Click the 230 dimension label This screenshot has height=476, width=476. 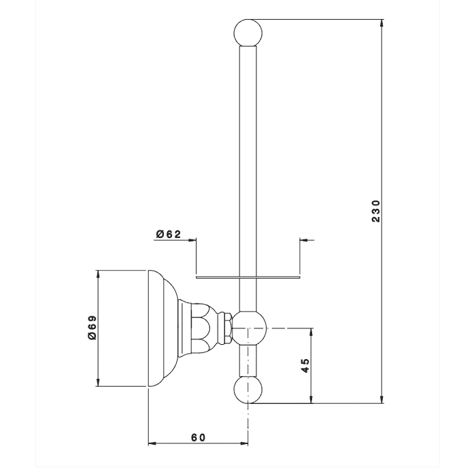click(376, 211)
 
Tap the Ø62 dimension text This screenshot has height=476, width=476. click(169, 234)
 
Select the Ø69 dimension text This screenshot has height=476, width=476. click(92, 328)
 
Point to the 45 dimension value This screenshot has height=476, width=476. click(305, 366)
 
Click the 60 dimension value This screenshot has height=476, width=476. click(199, 437)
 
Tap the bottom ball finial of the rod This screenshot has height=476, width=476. click(248, 390)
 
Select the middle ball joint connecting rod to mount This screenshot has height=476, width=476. click(249, 328)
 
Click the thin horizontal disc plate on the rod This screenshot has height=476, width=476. click(248, 277)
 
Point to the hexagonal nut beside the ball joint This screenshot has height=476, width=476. click(226, 328)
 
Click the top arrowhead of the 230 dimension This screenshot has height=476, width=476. click(382, 23)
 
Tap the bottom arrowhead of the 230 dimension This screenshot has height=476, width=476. click(382, 400)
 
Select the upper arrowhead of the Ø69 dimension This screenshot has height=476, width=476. click(98, 274)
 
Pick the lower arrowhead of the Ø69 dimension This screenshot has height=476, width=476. click(98, 382)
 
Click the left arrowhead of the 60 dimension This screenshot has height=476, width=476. click(152, 443)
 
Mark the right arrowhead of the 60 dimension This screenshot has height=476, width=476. click(244, 443)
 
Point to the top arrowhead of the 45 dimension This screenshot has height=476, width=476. click(311, 332)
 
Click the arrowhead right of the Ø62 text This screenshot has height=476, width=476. click(192, 240)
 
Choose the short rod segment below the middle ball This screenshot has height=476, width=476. click(248, 361)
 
